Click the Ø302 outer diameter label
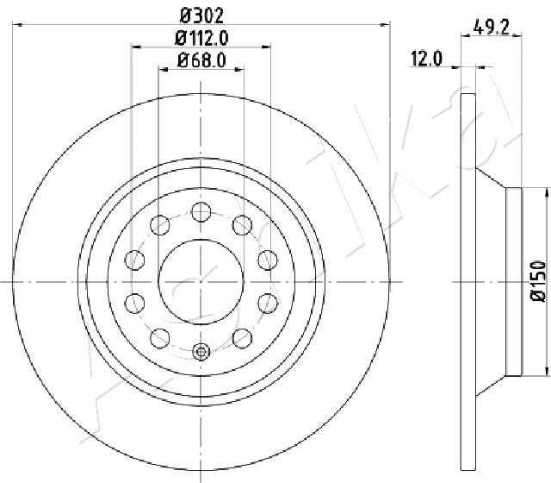[201, 16]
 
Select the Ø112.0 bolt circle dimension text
[201, 38]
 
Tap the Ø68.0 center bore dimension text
[201, 60]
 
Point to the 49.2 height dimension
[491, 27]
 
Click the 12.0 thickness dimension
[426, 59]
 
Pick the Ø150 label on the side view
[538, 281]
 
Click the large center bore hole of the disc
[201, 282]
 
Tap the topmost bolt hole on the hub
[201, 212]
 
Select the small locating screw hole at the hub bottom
[201, 351]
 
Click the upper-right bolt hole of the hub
[243, 225]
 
